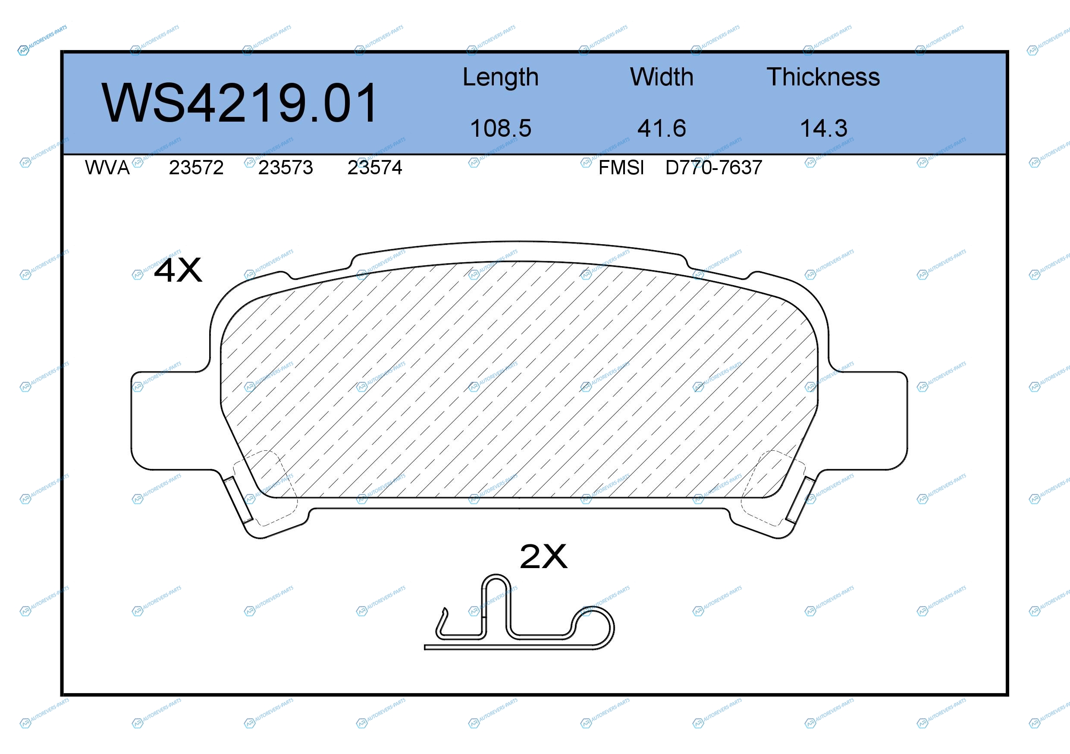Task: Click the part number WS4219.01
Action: tap(239, 103)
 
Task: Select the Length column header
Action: tap(501, 77)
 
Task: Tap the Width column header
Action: tap(662, 77)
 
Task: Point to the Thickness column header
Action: tap(823, 77)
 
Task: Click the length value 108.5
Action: tap(501, 128)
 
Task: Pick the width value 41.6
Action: tap(662, 128)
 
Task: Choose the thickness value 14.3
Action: tap(823, 128)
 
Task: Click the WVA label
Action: tap(107, 168)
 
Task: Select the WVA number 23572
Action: tap(196, 168)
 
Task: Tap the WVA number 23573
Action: tap(286, 168)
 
